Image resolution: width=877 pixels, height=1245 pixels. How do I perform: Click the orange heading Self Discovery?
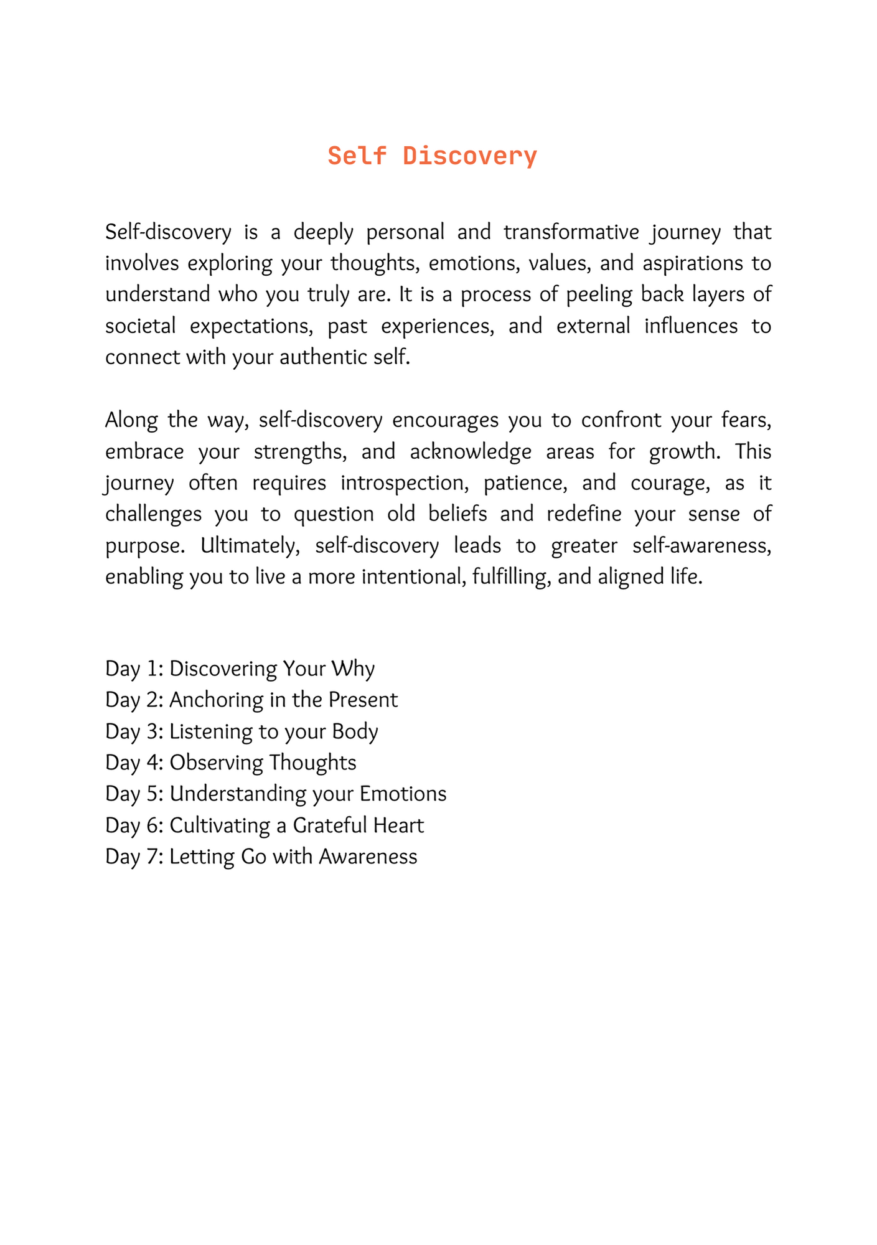(432, 156)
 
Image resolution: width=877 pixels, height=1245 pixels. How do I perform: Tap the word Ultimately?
(251, 546)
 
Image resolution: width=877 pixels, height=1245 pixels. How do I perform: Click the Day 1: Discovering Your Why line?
(240, 669)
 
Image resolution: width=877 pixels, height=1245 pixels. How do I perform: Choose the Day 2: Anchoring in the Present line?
(251, 700)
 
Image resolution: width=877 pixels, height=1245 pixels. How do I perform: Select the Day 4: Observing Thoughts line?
(231, 763)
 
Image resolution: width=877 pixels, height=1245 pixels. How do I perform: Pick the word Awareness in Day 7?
(368, 857)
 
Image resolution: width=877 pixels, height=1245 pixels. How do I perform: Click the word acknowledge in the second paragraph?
(471, 452)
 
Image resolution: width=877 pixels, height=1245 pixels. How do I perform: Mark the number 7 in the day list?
(155, 857)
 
